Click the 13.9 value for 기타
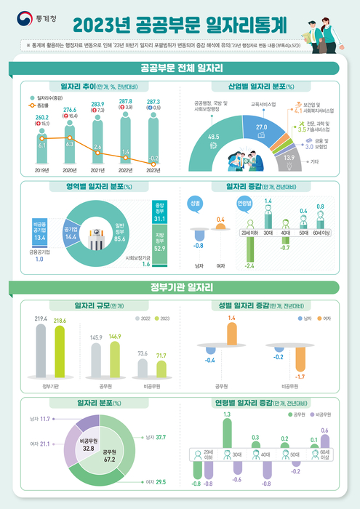[289, 157]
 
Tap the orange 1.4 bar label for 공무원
[232, 318]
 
